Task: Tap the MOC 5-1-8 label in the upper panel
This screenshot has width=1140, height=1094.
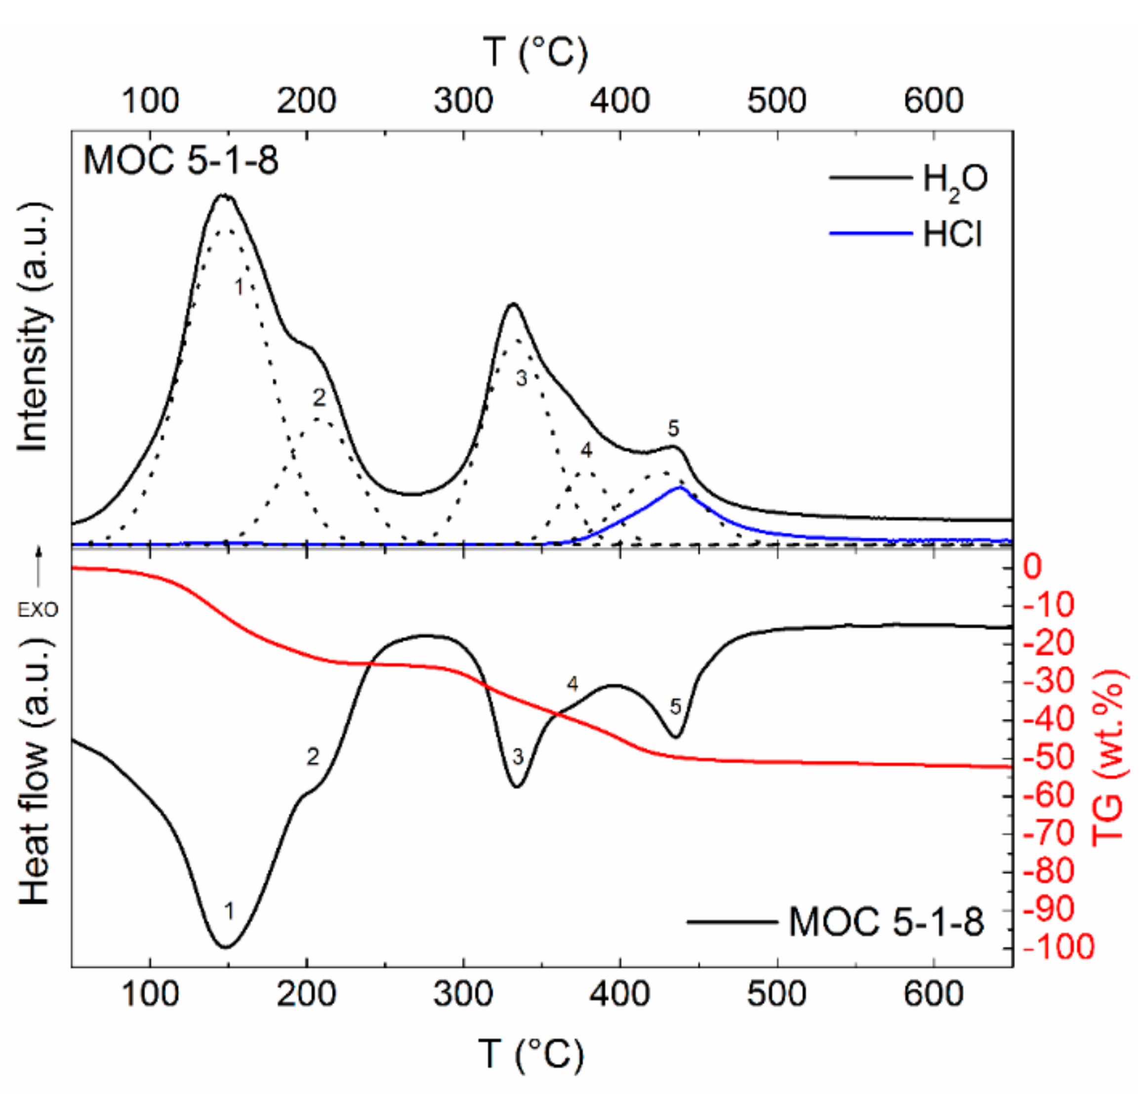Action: click(181, 160)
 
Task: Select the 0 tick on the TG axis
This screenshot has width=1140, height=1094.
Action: click(1033, 566)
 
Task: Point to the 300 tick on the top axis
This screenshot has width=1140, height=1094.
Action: click(464, 101)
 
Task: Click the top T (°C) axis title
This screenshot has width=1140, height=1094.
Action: click(535, 53)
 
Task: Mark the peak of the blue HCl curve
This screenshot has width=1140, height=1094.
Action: click(679, 488)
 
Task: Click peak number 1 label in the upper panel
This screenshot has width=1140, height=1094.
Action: click(239, 287)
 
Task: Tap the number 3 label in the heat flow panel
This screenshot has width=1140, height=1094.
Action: click(518, 757)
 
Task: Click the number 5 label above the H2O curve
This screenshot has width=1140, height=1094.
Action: click(673, 429)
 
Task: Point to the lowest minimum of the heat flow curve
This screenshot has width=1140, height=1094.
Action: click(226, 947)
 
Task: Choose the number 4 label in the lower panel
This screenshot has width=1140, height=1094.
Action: click(573, 685)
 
